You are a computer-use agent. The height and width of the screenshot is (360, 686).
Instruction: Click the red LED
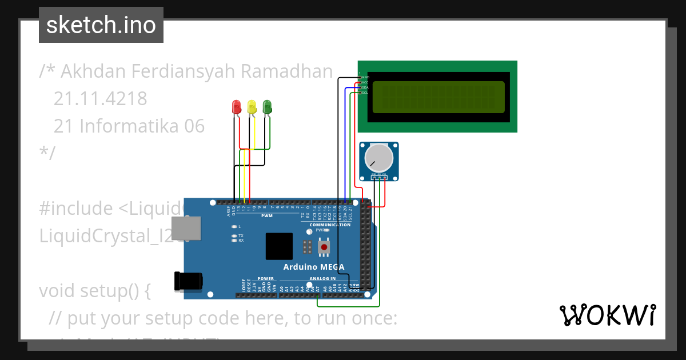pyautogui.click(x=236, y=106)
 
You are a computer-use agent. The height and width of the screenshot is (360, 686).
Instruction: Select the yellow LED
pyautogui.click(x=252, y=106)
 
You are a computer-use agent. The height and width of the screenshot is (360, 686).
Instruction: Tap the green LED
pyautogui.click(x=267, y=106)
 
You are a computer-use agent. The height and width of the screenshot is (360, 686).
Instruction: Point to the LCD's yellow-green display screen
pyautogui.click(x=438, y=97)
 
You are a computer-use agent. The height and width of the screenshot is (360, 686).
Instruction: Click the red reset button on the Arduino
pyautogui.click(x=324, y=247)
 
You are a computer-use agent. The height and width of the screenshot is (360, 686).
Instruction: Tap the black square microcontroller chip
pyautogui.click(x=279, y=246)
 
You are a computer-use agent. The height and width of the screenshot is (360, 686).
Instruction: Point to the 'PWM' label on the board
pyautogui.click(x=267, y=216)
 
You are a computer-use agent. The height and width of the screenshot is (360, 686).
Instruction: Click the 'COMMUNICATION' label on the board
pyautogui.click(x=330, y=225)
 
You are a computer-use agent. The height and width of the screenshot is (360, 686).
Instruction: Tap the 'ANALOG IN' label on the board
pyautogui.click(x=322, y=278)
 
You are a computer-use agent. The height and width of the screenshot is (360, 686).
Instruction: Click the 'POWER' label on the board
pyautogui.click(x=266, y=278)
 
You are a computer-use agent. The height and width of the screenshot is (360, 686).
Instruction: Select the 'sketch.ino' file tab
pyautogui.click(x=101, y=25)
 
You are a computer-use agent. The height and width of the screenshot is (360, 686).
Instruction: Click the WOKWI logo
pyautogui.click(x=608, y=315)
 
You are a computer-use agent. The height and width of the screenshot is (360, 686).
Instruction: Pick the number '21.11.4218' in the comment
pyautogui.click(x=100, y=99)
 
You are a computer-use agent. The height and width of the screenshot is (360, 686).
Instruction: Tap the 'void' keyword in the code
pyautogui.click(x=57, y=291)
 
